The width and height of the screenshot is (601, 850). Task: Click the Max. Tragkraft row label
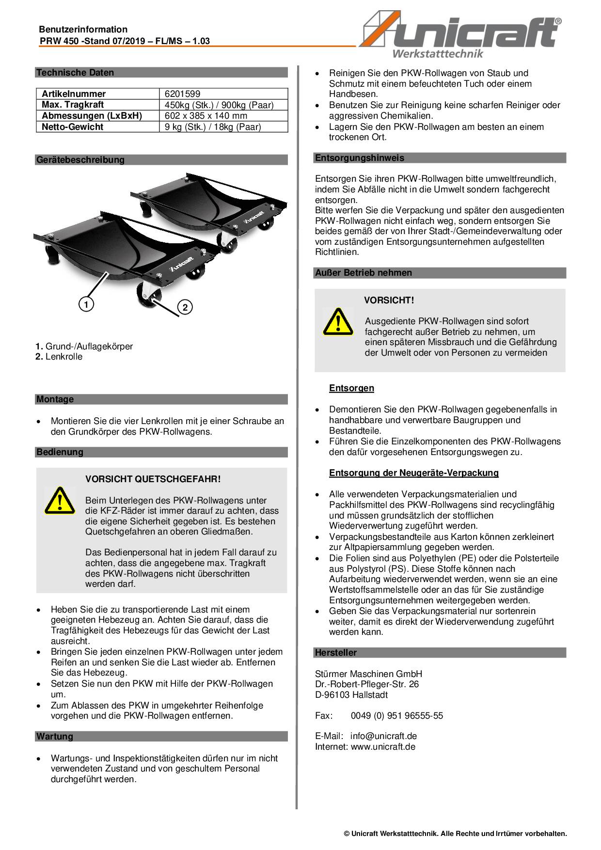click(x=73, y=105)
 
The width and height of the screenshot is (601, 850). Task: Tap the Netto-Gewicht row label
click(x=73, y=127)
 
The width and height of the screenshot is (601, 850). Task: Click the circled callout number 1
click(x=86, y=304)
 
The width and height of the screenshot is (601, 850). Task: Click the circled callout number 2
click(x=185, y=307)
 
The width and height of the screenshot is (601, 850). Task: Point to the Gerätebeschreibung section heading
click(x=80, y=160)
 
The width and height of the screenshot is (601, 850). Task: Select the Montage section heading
click(x=55, y=399)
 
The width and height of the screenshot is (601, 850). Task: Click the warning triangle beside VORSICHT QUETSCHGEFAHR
click(x=60, y=500)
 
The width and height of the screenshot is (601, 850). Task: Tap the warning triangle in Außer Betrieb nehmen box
click(x=338, y=321)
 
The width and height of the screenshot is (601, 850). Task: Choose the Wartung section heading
click(x=55, y=737)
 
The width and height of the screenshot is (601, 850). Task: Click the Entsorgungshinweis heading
click(x=359, y=158)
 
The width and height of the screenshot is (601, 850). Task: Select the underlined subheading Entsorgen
click(x=351, y=388)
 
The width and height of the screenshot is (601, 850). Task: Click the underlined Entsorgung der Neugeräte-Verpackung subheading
click(x=413, y=472)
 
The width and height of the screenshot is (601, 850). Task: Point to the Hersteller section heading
click(x=336, y=653)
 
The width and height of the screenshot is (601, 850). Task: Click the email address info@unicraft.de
click(x=383, y=736)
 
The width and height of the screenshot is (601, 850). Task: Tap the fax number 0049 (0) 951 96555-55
click(x=396, y=716)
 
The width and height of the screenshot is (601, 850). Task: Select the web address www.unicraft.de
click(x=383, y=747)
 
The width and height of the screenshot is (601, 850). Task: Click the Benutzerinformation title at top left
click(x=83, y=30)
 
